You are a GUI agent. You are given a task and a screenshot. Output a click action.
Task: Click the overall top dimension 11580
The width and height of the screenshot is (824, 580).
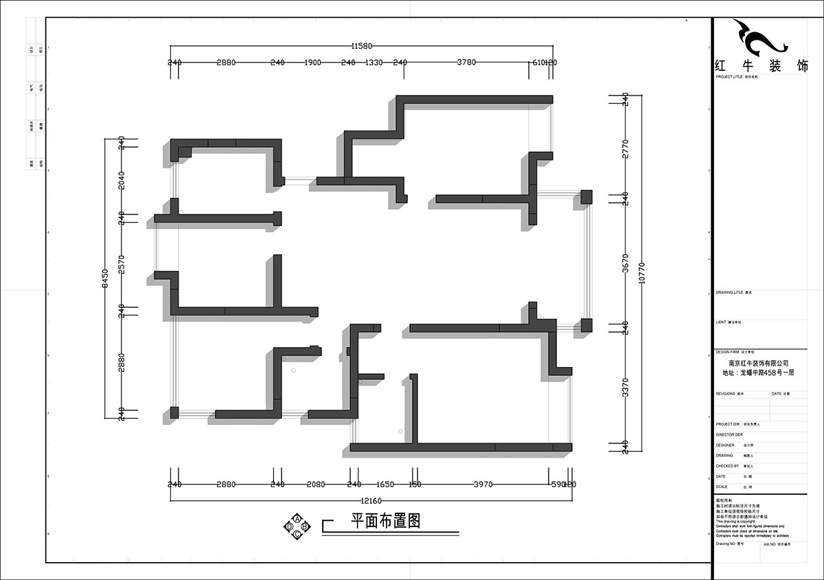click(x=361, y=46)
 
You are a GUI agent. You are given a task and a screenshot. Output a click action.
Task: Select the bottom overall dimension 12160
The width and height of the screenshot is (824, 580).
click(x=371, y=500)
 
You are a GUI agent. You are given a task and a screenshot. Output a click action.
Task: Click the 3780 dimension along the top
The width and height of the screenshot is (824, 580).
click(x=466, y=63)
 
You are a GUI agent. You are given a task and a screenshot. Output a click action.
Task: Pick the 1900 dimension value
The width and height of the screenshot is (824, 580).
click(x=312, y=63)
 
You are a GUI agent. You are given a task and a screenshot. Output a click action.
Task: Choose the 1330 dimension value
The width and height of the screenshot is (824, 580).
click(x=374, y=63)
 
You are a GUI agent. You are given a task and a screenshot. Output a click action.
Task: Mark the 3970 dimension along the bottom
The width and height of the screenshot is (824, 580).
click(x=483, y=484)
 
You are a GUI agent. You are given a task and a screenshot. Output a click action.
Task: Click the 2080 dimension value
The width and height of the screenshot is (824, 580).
click(x=315, y=484)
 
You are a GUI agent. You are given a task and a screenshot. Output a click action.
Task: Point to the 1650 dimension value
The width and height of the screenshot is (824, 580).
click(x=385, y=484)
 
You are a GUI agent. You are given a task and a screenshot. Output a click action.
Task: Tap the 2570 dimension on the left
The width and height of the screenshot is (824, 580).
click(x=122, y=263)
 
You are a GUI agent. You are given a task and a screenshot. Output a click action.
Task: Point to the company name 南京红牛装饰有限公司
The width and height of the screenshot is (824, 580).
click(x=758, y=364)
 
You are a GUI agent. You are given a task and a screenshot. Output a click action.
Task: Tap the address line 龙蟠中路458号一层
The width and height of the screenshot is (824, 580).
click(x=758, y=372)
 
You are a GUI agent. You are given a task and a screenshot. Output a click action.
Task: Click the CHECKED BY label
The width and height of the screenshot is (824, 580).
click(x=727, y=466)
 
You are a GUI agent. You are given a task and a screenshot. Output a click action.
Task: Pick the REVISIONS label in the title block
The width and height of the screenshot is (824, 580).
click(x=726, y=394)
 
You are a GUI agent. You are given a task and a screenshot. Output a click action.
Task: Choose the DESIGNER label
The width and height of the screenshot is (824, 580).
click(x=726, y=445)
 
